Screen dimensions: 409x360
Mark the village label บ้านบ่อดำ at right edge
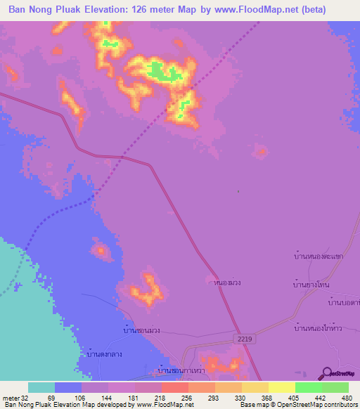(344, 301)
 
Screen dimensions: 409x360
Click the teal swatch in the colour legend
(41, 387)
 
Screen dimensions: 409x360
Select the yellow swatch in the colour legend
(282, 387)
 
